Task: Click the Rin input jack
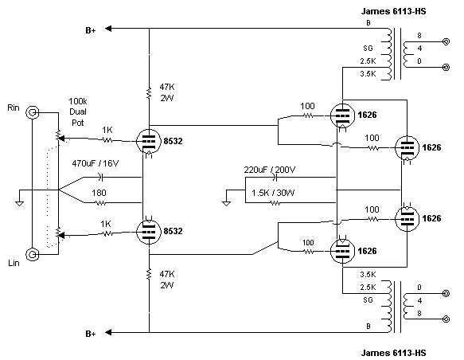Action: tap(33, 112)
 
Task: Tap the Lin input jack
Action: tap(33, 254)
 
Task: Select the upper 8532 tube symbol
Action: tap(149, 142)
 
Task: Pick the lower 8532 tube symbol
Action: tap(149, 231)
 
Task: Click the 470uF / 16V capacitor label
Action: tap(95, 163)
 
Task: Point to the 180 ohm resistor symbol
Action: tap(100, 203)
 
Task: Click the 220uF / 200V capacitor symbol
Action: tap(275, 178)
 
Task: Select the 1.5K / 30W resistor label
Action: tap(273, 193)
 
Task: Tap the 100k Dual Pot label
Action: tap(78, 112)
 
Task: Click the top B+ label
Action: tap(91, 30)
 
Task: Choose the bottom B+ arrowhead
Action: tap(108, 332)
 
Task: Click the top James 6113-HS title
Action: tap(393, 11)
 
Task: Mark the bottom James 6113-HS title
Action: tap(393, 353)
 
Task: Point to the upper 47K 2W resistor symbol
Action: tap(149, 93)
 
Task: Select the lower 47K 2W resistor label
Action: tap(167, 280)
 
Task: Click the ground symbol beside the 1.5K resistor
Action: tap(226, 203)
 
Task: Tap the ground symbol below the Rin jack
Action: tap(20, 203)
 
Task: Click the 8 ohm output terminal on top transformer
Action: tap(446, 41)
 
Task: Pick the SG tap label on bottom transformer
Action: tap(368, 300)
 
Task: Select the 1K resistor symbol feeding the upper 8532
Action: tap(107, 139)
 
